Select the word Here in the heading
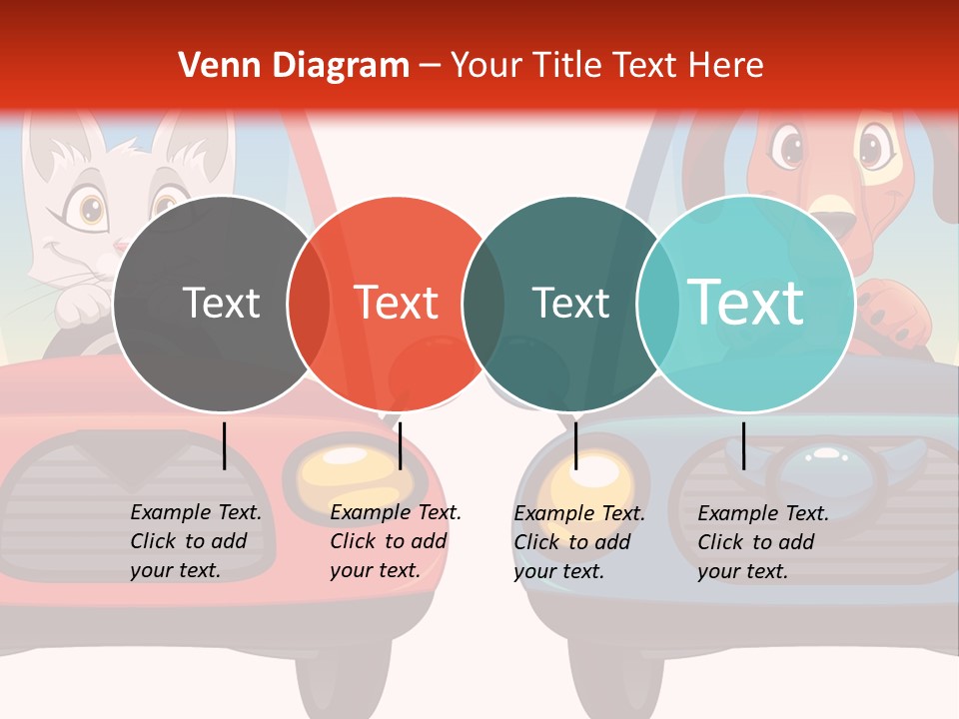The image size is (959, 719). tap(725, 66)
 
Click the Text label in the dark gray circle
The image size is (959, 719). tap(221, 303)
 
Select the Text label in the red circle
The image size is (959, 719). tap(397, 303)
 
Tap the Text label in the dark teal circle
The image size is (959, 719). tap(570, 303)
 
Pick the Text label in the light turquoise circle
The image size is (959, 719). tap(746, 303)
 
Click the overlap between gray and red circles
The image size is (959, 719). tap(309, 304)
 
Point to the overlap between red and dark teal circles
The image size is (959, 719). tap(483, 304)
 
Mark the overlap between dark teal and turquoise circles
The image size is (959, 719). tap(657, 304)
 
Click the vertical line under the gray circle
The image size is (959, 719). tap(225, 445)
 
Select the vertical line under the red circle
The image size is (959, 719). tap(400, 445)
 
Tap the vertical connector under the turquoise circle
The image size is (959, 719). tap(743, 445)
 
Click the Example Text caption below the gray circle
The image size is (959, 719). tap(195, 541)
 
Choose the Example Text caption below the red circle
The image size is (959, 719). tap(395, 541)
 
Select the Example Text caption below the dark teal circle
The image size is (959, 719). tap(578, 542)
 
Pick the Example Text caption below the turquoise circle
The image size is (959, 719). tap(762, 542)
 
